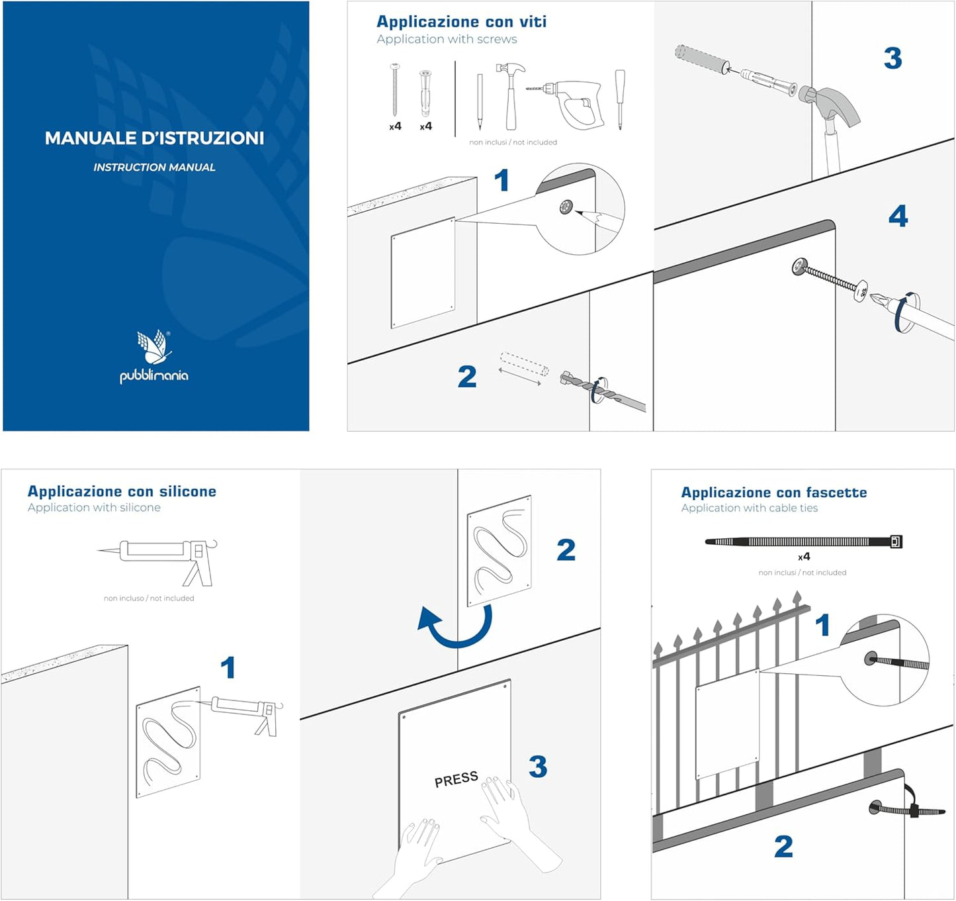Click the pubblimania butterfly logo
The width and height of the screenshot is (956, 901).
tap(153, 348)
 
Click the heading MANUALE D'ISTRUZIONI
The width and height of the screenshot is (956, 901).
tap(154, 138)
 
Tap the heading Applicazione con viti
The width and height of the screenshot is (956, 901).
tap(461, 22)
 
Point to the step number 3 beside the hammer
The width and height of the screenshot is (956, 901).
tap(892, 58)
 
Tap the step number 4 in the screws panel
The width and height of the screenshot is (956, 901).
tap(898, 216)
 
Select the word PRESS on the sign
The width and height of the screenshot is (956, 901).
tap(456, 779)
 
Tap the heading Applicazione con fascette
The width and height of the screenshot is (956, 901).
tap(773, 493)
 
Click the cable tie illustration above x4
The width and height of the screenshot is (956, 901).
tap(803, 542)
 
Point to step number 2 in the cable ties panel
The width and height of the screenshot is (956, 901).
tap(783, 846)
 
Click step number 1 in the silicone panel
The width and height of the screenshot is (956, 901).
tap(228, 667)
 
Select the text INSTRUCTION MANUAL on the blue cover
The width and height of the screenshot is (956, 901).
tap(154, 167)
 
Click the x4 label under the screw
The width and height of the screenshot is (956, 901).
tap(395, 126)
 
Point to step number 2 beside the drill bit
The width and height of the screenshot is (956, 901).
tap(467, 377)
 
